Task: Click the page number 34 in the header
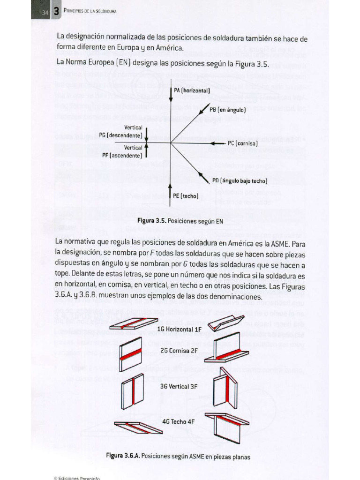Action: (45, 13)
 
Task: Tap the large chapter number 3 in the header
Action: (56, 12)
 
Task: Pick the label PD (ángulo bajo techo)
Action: (239, 180)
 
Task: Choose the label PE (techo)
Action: (186, 195)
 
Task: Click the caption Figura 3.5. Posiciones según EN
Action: (180, 220)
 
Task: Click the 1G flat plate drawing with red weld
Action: (134, 324)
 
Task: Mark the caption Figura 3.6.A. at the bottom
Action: (178, 455)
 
